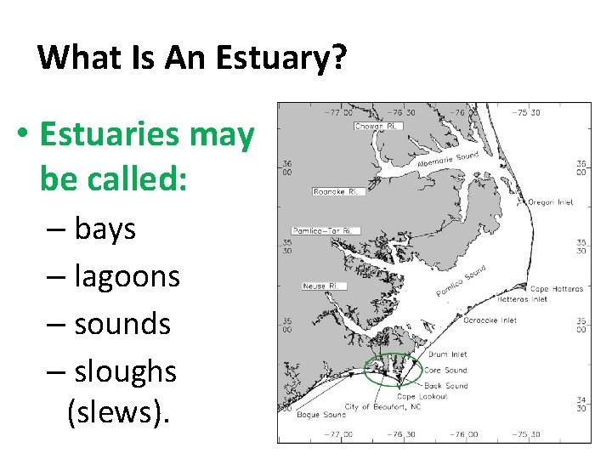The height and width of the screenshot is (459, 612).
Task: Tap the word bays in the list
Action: click(105, 229)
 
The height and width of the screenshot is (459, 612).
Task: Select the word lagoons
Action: click(127, 276)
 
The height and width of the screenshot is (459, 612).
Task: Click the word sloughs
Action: click(125, 371)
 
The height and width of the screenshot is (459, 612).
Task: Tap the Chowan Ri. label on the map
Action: click(378, 127)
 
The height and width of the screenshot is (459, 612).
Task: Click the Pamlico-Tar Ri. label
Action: click(326, 230)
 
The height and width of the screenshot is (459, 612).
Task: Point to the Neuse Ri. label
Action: click(320, 286)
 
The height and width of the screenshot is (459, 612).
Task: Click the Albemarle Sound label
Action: click(448, 160)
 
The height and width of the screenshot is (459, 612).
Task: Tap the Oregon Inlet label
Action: click(551, 202)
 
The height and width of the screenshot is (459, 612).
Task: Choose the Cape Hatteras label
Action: click(556, 289)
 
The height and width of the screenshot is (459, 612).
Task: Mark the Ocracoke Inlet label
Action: click(490, 320)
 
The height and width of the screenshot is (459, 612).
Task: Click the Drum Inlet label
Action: click(448, 354)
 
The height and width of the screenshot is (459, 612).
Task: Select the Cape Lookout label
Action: click(422, 396)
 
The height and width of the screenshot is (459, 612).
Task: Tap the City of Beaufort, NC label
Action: click(382, 406)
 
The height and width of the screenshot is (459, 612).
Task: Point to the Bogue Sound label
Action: click(321, 415)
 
